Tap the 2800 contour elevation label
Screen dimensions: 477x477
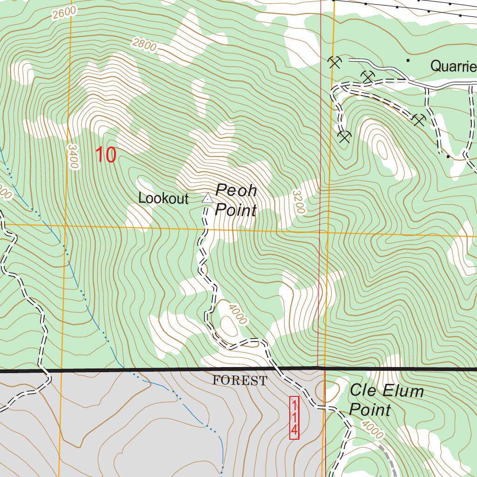144,45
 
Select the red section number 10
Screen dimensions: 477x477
106,155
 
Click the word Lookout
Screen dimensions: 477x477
164,198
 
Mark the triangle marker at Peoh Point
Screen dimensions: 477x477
207,199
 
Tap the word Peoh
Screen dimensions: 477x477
236,191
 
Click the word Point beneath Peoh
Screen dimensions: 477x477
236,211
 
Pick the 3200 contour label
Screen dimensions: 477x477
299,201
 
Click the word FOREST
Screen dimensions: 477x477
240,381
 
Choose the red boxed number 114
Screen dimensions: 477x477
294,417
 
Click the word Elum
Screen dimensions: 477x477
403,390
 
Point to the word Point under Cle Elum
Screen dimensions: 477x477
370,410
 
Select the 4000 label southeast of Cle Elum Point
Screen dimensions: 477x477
373,430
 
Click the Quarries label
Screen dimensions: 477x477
453,66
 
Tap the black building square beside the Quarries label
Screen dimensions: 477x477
409,61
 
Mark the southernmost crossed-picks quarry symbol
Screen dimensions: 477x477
344,136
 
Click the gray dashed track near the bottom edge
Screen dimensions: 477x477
390,459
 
